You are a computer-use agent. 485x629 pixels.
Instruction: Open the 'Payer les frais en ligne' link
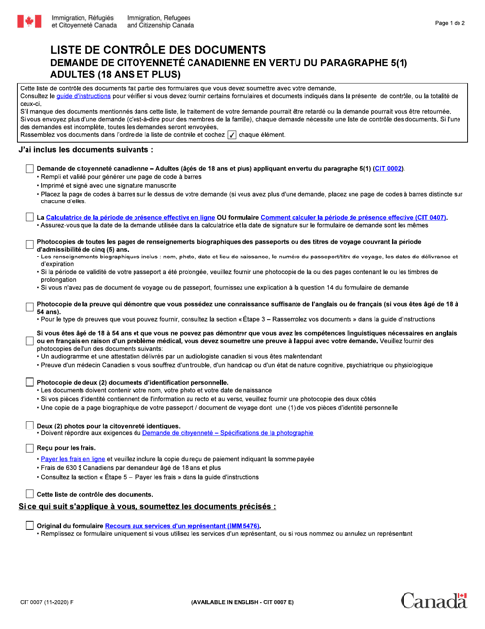tap(73, 460)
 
